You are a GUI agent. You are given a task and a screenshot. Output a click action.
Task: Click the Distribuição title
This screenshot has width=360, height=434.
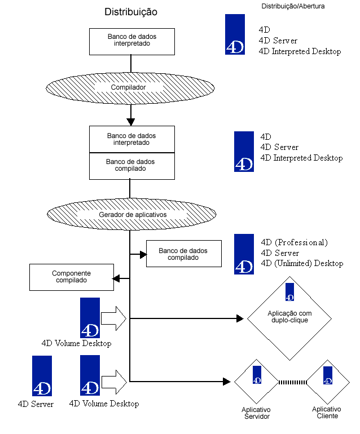click(131, 12)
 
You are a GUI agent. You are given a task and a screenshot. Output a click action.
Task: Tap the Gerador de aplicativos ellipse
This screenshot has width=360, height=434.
click(132, 215)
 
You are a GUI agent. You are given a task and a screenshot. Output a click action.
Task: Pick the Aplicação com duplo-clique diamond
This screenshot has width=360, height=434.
click(290, 317)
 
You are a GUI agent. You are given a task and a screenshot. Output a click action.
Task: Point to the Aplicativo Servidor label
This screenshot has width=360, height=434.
click(257, 413)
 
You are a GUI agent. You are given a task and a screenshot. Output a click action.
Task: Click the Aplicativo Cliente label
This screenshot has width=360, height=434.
click(327, 413)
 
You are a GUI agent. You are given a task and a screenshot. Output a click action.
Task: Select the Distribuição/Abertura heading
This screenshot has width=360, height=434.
click(293, 6)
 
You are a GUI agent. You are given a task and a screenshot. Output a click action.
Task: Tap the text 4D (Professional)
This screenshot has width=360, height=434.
click(293, 243)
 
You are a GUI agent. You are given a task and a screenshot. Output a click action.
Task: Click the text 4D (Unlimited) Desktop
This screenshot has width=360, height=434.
click(301, 263)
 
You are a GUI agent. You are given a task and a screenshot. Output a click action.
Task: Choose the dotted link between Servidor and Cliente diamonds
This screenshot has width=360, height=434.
click(292, 382)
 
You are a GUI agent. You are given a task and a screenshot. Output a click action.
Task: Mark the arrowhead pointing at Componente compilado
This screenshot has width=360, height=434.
click(116, 278)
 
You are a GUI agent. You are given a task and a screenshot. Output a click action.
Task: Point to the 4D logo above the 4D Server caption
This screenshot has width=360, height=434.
click(42, 376)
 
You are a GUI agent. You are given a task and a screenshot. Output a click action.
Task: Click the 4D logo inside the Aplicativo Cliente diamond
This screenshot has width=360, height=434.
click(327, 375)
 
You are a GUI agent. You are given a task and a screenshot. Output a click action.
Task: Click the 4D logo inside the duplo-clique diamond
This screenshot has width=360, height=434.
click(290, 292)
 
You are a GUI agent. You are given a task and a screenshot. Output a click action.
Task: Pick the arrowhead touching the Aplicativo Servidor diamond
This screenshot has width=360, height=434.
click(230, 382)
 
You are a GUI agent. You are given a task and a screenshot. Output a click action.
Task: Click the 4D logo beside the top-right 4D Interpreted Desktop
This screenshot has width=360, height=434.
click(235, 34)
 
